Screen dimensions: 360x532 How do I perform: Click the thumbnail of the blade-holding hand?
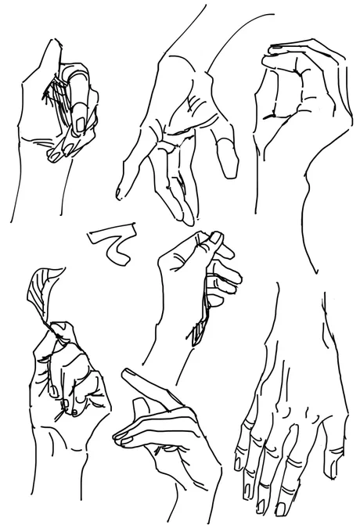pyautogui.click(x=215, y=238)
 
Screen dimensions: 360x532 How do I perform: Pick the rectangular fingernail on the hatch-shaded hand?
pyautogui.click(x=81, y=124)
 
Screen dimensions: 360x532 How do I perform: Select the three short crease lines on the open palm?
pyautogui.click(x=193, y=102)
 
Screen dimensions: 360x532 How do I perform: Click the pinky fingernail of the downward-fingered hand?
pyautogui.click(x=237, y=464)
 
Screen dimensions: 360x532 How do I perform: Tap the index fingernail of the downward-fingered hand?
pyautogui.click(x=281, y=509)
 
